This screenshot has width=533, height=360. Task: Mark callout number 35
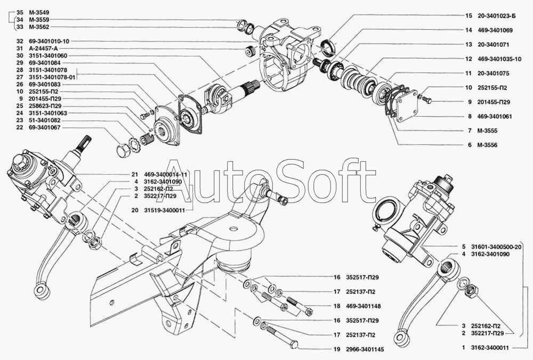[20, 12]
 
